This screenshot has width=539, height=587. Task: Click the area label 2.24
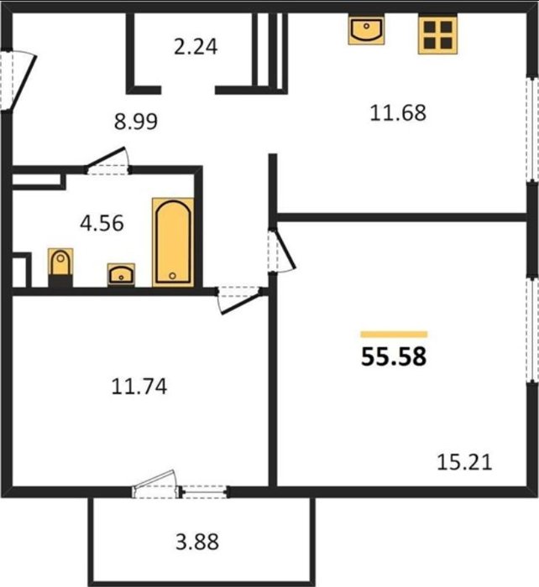(196, 47)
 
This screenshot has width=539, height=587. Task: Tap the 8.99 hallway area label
(136, 122)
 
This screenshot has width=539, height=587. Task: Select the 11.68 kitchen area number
(398, 112)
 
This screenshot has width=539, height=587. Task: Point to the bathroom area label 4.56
(102, 223)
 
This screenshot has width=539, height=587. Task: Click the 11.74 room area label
(139, 387)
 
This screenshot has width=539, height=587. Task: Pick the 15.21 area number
(464, 462)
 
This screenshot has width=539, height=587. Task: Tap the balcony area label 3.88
(197, 542)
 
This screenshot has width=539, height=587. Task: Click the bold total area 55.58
(394, 356)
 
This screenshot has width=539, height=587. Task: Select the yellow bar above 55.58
(394, 335)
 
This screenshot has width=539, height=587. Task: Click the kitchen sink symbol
(366, 29)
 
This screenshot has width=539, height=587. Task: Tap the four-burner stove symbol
(437, 35)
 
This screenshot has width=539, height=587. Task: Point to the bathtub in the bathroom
(173, 242)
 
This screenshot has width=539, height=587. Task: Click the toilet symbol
(60, 268)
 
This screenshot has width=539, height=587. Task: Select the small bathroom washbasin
(121, 274)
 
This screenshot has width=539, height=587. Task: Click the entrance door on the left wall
(18, 81)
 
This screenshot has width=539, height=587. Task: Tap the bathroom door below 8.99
(108, 161)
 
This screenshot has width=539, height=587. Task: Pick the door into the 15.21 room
(281, 249)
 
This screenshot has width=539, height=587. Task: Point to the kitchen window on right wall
(532, 130)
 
